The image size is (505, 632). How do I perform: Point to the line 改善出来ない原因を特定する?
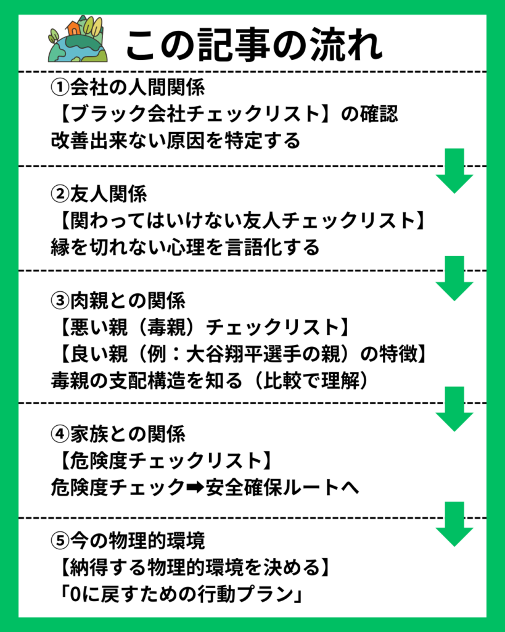(x=175, y=141)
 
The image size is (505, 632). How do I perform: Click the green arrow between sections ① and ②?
(x=454, y=171)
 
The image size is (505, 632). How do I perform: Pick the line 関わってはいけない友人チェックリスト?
(x=240, y=221)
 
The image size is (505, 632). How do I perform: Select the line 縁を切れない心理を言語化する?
(x=185, y=247)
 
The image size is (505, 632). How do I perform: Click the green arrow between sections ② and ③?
(x=454, y=278)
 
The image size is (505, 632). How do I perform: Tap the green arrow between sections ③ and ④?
(x=454, y=409)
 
